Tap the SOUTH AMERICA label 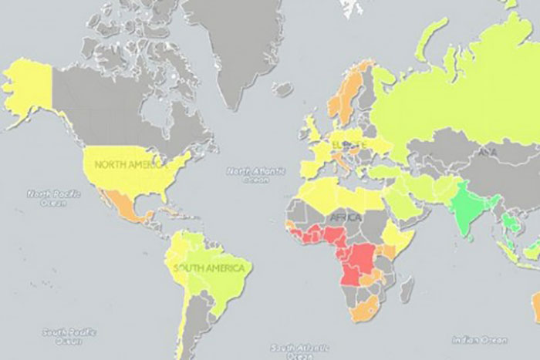(211, 268)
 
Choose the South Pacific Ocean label (62, 336)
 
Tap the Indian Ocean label (480, 339)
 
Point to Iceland (282, 89)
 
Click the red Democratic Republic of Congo (357, 262)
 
